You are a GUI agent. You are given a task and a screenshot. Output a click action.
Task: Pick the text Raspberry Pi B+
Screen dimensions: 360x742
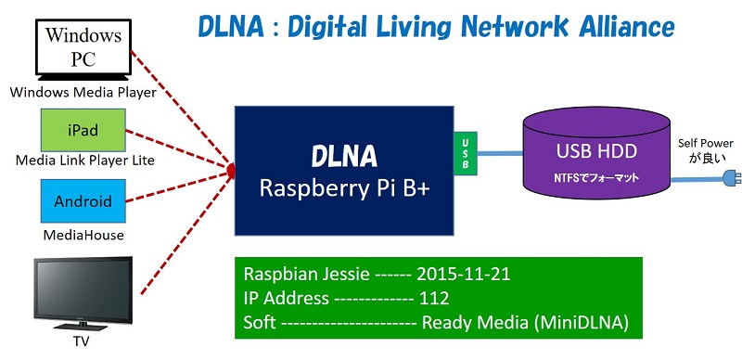pos(342,190)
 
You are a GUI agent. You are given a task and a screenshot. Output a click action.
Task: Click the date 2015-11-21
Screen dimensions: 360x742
pos(465,276)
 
